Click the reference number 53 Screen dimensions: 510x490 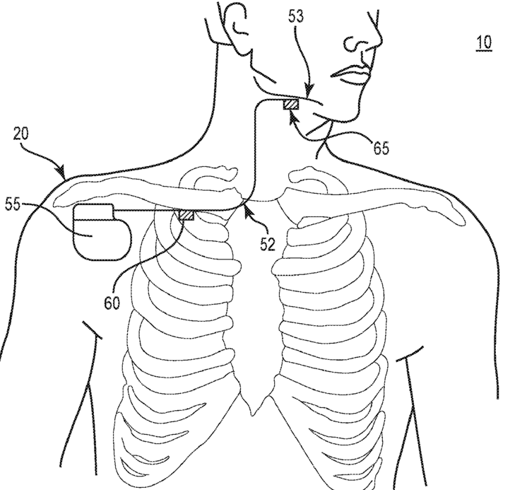tap(296, 16)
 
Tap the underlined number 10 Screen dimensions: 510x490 tap(484, 42)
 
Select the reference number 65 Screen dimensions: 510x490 tap(381, 148)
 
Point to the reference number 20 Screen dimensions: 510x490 tap(20, 134)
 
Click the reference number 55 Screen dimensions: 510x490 tap(13, 204)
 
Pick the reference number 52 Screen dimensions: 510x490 tap(268, 244)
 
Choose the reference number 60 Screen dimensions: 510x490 tap(112, 303)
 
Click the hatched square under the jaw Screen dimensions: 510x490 tap(291, 104)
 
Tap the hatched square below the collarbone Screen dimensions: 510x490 tap(186, 215)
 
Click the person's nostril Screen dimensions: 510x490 tap(352, 45)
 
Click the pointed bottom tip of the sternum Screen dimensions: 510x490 tap(253, 414)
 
